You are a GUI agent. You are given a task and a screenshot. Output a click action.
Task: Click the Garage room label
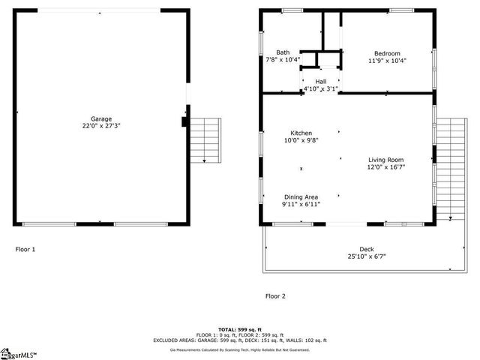coord(101,118)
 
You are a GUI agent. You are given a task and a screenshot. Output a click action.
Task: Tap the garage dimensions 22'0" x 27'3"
coord(101,126)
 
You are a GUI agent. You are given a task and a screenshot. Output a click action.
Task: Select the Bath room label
coord(282,52)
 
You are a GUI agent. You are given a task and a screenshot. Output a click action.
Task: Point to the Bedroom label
coord(387,53)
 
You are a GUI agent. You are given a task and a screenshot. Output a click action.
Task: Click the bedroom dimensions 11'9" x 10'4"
coord(387,61)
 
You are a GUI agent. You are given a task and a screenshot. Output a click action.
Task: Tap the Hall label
coord(320,81)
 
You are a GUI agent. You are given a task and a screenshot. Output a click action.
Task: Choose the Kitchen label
coord(297,133)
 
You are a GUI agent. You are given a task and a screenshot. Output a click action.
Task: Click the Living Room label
coord(385,160)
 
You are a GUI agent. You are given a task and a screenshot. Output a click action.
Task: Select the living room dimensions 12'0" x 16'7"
coord(385,167)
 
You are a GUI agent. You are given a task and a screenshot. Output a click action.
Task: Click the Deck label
coord(366,249)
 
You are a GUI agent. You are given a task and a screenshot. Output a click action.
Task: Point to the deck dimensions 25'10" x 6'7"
coord(366,256)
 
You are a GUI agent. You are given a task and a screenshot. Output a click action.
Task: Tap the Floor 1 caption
coord(25,249)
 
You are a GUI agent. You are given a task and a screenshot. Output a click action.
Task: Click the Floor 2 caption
coord(275,296)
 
